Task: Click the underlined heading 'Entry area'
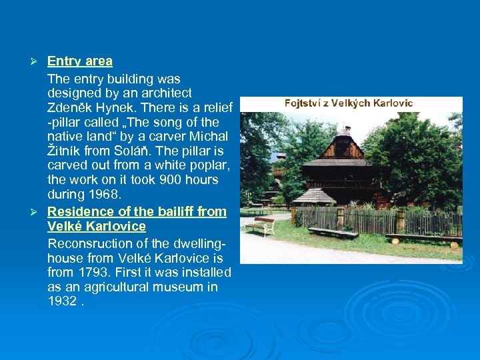[x=79, y=61]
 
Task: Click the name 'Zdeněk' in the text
[x=71, y=107]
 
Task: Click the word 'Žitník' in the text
[x=65, y=151]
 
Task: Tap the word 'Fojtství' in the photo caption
[x=305, y=103]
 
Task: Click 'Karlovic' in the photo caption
[x=390, y=103]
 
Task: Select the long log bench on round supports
[x=423, y=239]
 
